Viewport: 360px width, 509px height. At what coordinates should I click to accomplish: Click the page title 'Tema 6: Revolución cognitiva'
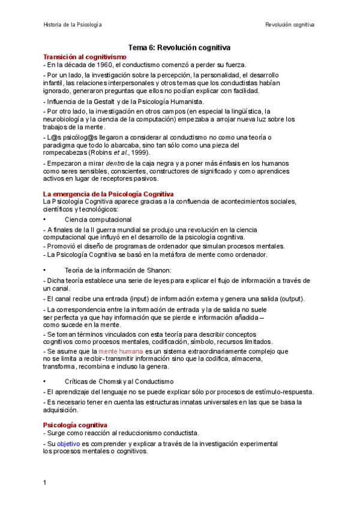click(x=180, y=47)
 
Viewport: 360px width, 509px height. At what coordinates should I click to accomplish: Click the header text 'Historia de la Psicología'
click(x=73, y=25)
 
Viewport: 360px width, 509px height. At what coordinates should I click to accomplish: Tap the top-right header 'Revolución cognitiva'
click(x=290, y=25)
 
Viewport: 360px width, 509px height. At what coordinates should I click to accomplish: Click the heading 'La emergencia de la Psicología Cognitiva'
click(x=109, y=194)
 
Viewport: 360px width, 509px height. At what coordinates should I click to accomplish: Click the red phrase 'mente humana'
click(x=121, y=351)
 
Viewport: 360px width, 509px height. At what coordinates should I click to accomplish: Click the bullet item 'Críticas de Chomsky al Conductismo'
click(x=119, y=381)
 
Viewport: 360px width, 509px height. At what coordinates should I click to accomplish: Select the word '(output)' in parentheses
click(x=292, y=299)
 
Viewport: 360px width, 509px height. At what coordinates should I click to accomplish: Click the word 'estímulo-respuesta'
click(x=268, y=391)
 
